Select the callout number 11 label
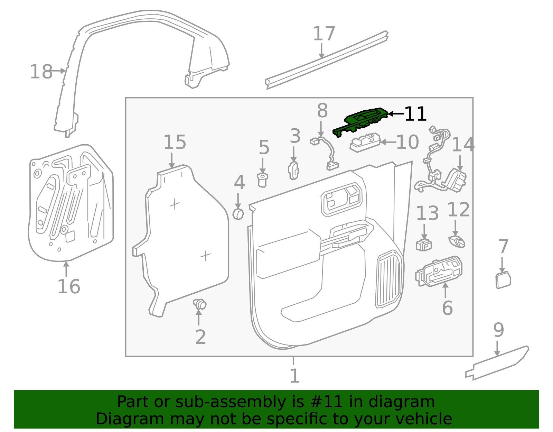pos(415,114)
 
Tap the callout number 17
pos(324,34)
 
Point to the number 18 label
pos(41,72)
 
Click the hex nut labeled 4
pos(238,214)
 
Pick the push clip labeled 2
pos(200,304)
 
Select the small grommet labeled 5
pos(263,180)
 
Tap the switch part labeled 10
pos(365,142)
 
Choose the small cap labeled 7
pos(503,280)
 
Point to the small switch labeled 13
pos(424,245)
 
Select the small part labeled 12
pos(457,241)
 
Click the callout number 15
pos(175,142)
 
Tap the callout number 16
pos(68,287)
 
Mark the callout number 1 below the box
pos(294,376)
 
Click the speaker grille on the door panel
pos(390,278)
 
